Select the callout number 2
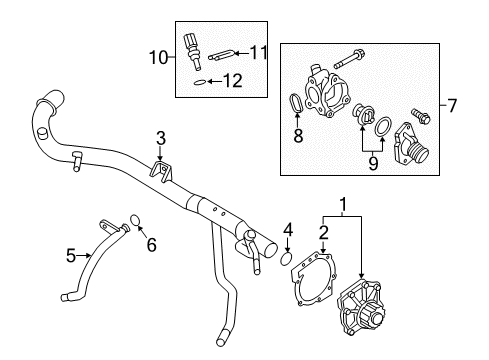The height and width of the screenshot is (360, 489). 322,233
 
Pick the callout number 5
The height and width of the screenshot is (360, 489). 70,256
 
